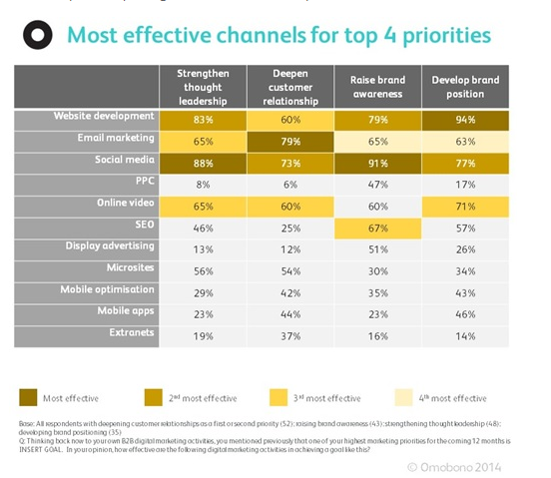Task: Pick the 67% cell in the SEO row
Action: [x=378, y=230]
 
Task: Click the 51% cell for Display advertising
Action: [x=378, y=251]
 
